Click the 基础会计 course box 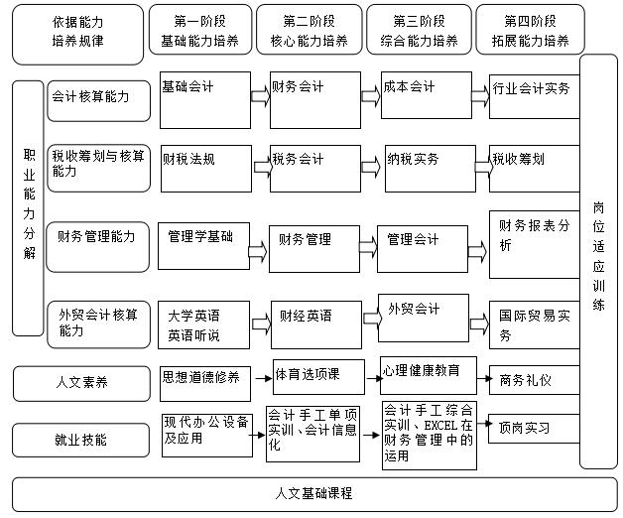[205, 100]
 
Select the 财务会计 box [315, 100]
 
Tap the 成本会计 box [427, 95]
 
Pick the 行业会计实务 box [535, 96]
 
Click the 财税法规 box [206, 169]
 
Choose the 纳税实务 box [431, 169]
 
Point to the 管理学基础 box [203, 246]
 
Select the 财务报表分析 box [535, 244]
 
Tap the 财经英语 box [316, 324]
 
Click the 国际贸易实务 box [535, 324]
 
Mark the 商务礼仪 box [535, 380]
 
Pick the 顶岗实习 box [534, 429]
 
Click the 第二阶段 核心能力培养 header [310, 30]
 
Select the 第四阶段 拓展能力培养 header [530, 30]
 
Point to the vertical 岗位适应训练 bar [598, 262]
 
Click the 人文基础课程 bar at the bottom [314, 494]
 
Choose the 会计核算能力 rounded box [98, 101]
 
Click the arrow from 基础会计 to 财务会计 [260, 96]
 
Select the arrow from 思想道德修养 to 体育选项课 [263, 378]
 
